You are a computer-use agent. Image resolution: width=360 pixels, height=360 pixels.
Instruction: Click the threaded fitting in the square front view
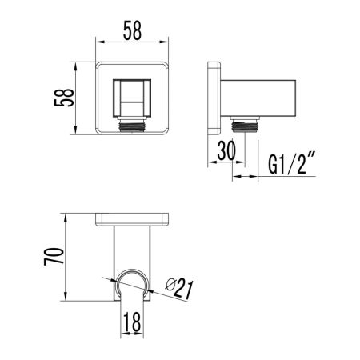coord(135,125)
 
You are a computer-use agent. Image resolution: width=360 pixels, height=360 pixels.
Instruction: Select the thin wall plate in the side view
coord(214,97)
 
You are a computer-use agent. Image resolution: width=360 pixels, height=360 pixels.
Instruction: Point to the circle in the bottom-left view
coord(133,286)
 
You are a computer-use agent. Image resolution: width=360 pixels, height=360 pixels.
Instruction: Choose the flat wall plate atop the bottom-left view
coord(134,218)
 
